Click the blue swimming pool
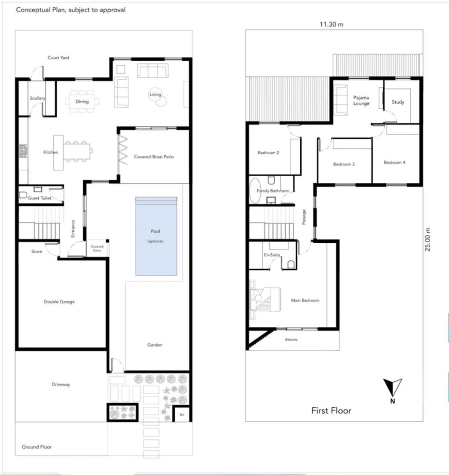click(x=156, y=236)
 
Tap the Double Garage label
click(x=59, y=302)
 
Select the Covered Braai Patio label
click(x=154, y=157)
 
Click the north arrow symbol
click(x=393, y=387)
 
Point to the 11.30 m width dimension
click(x=331, y=24)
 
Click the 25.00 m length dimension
click(x=427, y=239)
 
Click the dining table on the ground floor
click(x=82, y=102)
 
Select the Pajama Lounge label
click(x=361, y=100)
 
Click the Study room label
click(x=398, y=102)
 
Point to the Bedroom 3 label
click(x=344, y=164)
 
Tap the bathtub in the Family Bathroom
click(x=255, y=191)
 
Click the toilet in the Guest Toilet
click(x=23, y=195)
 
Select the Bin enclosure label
click(x=182, y=415)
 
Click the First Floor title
click(x=331, y=410)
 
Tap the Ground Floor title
click(x=37, y=447)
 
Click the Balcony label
click(x=291, y=340)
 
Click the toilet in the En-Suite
click(x=291, y=264)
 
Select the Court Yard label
click(x=58, y=58)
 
